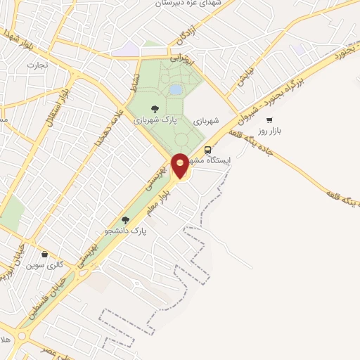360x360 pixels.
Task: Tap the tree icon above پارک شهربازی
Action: [x=155, y=108]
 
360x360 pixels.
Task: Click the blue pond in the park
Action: [x=176, y=90]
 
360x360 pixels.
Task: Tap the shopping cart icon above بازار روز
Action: [x=269, y=120]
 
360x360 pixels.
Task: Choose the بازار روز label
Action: [x=269, y=131]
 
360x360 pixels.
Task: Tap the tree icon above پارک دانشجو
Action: [x=126, y=220]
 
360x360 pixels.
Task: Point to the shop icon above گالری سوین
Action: [x=45, y=254]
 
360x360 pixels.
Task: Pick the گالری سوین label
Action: [x=45, y=265]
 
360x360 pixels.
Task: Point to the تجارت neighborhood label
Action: [x=37, y=65]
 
